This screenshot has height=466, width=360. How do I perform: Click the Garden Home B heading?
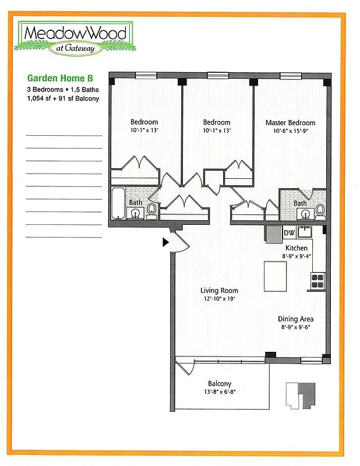tap(59, 77)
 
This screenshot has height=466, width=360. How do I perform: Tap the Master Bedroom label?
tap(290, 123)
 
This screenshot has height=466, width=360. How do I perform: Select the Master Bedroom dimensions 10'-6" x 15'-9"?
tap(290, 130)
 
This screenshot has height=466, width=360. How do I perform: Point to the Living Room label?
tap(219, 291)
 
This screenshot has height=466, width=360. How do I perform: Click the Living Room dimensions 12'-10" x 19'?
tap(219, 299)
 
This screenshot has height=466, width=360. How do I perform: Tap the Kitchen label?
tap(297, 248)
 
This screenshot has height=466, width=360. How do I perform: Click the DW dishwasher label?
tap(289, 234)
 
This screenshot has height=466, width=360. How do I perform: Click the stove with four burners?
tap(317, 281)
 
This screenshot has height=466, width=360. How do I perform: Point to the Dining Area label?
tap(295, 319)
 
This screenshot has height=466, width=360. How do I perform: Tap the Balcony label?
tap(220, 384)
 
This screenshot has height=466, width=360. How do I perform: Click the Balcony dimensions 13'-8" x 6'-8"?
tap(220, 391)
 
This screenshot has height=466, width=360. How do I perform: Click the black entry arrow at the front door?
tap(166, 242)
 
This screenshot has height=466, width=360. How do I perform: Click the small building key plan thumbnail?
tap(301, 396)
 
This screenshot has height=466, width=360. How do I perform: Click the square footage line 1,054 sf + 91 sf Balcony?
tap(63, 98)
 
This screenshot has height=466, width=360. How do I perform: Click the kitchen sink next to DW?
tap(305, 232)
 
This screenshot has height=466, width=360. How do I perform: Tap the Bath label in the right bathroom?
tap(299, 203)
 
